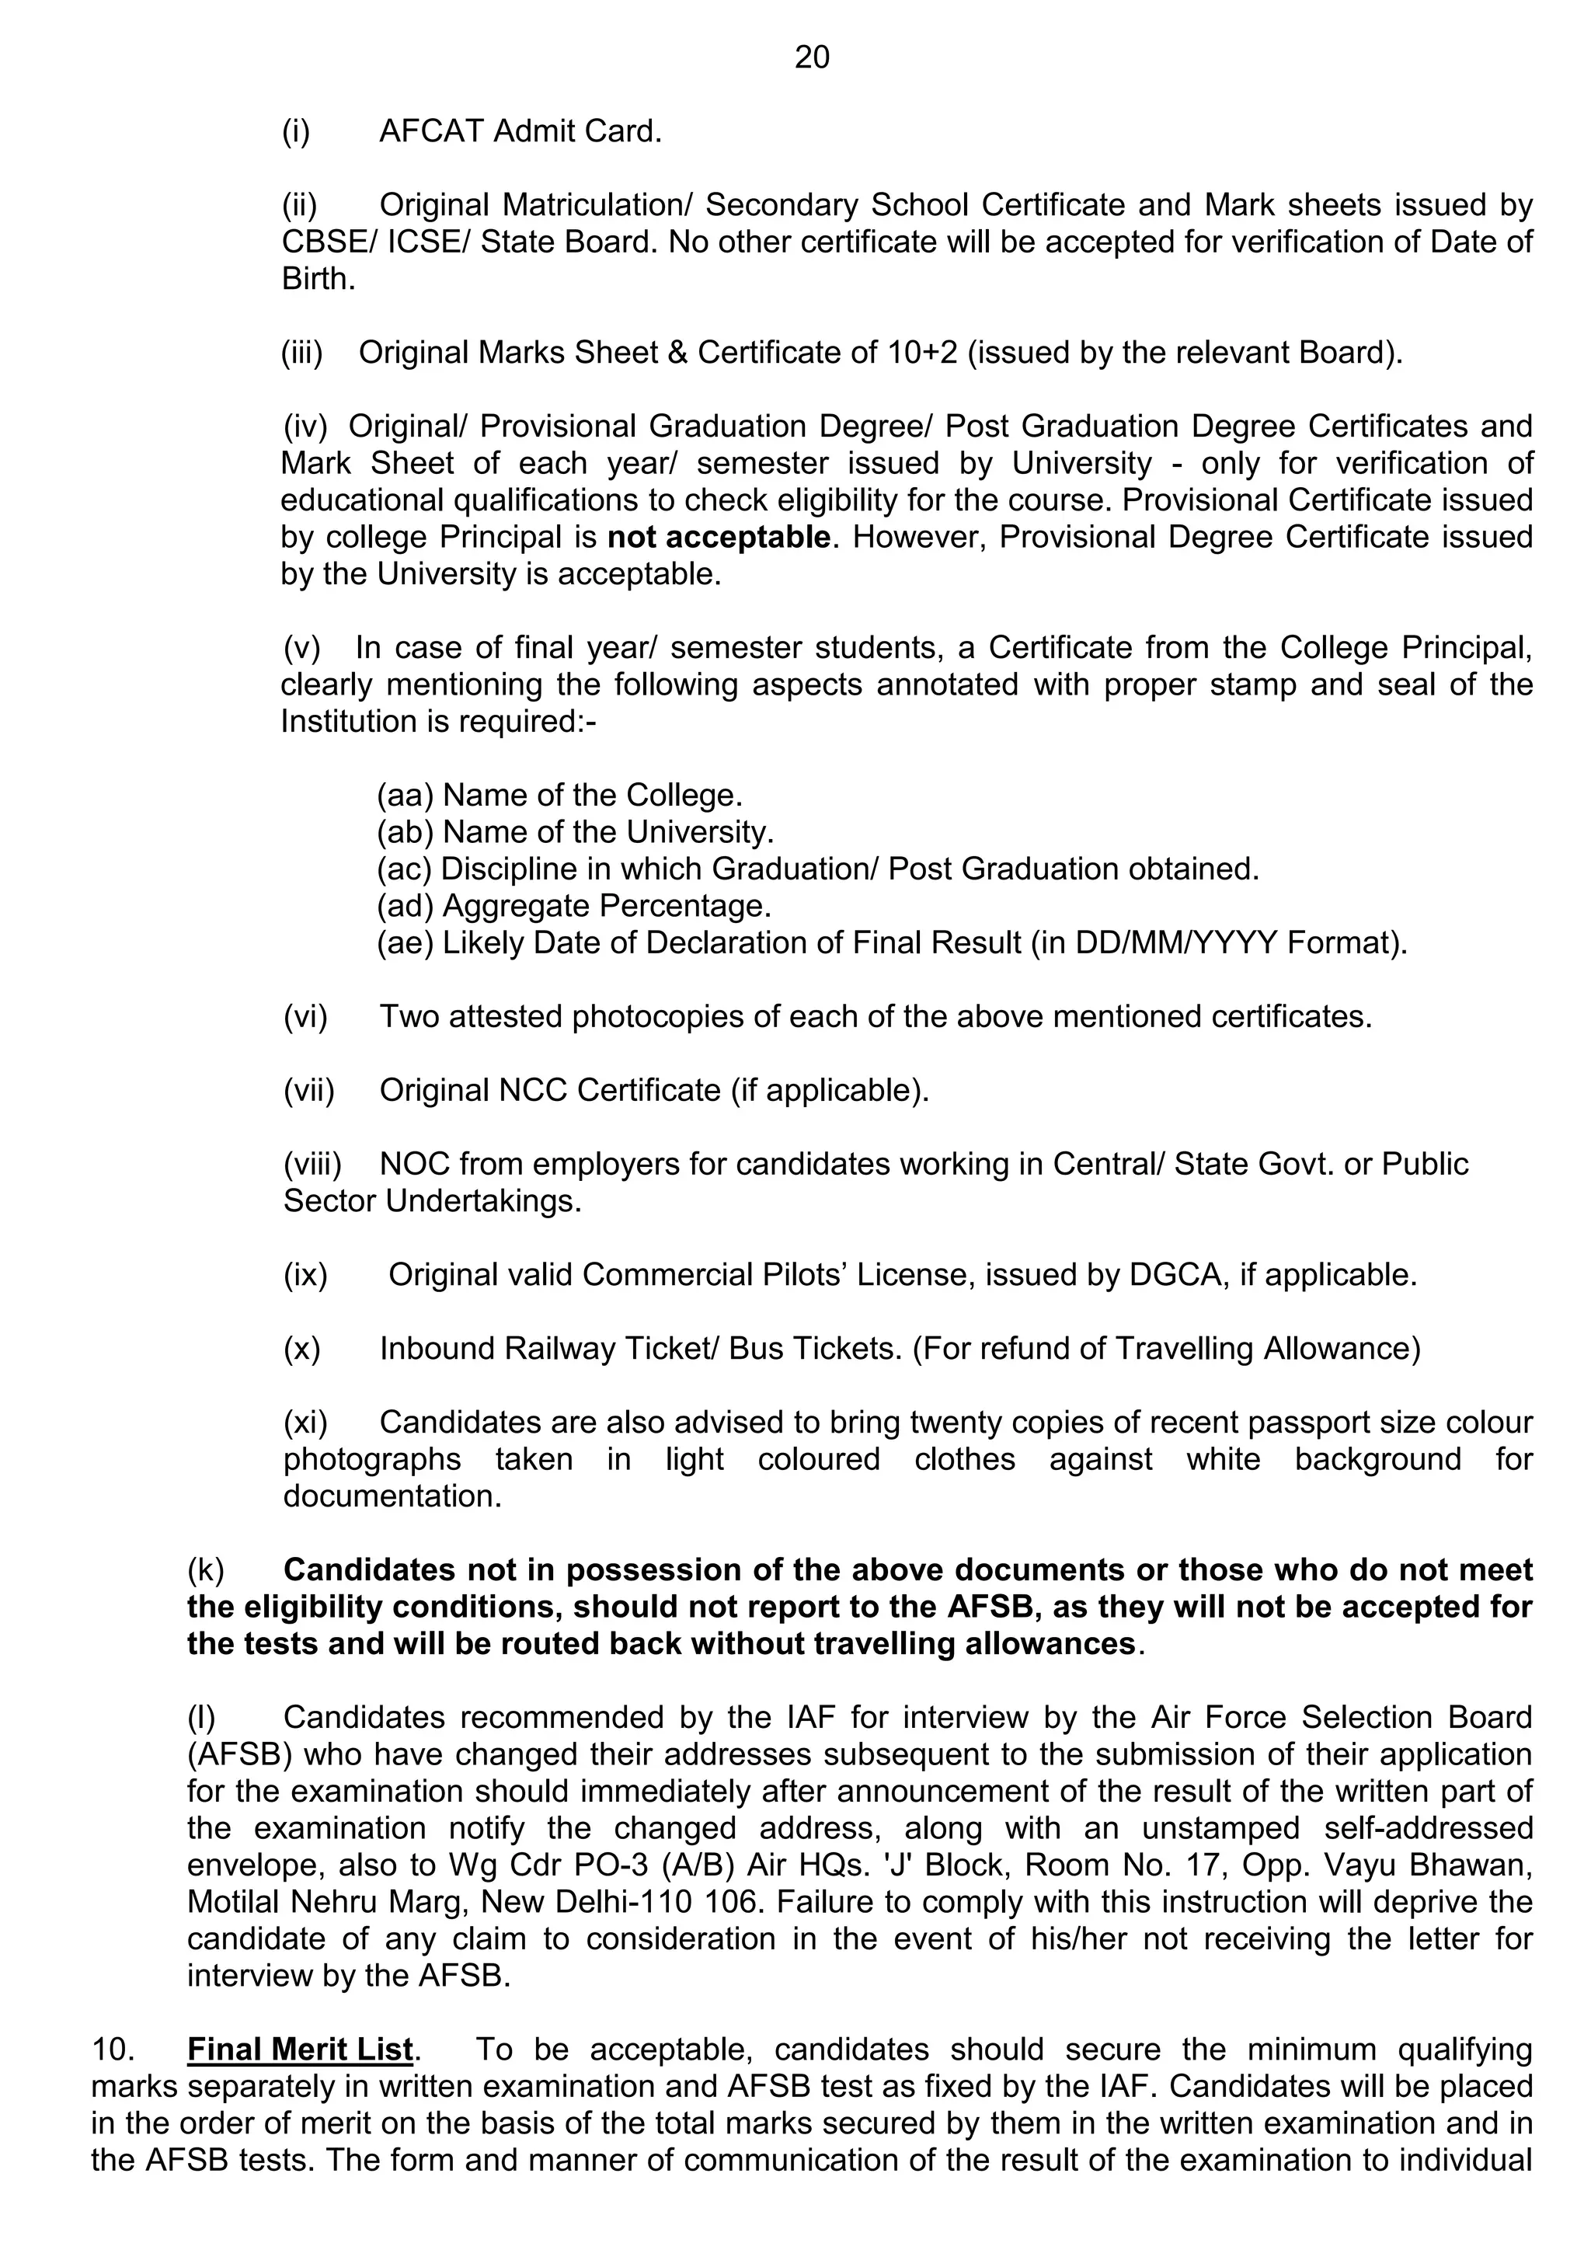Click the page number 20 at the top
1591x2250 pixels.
811,57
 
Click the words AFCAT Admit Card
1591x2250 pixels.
520,131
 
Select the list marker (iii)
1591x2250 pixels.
301,353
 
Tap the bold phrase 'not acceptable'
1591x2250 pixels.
718,537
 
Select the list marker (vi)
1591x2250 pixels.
305,1016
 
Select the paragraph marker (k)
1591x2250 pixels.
206,1570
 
